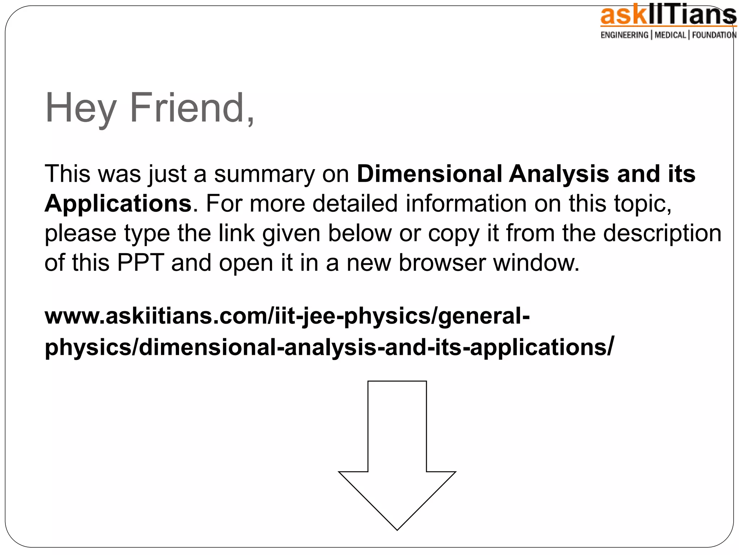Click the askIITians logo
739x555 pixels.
668,16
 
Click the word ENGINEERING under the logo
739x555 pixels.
624,35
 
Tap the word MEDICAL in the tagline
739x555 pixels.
670,35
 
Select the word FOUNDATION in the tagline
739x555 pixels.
714,35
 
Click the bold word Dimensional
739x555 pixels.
429,174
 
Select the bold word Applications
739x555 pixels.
118,203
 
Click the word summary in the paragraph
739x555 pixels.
264,175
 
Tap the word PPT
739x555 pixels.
141,263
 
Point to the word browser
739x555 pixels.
442,263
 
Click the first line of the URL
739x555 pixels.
287,316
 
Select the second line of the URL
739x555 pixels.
329,347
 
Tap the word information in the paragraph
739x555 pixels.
466,203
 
